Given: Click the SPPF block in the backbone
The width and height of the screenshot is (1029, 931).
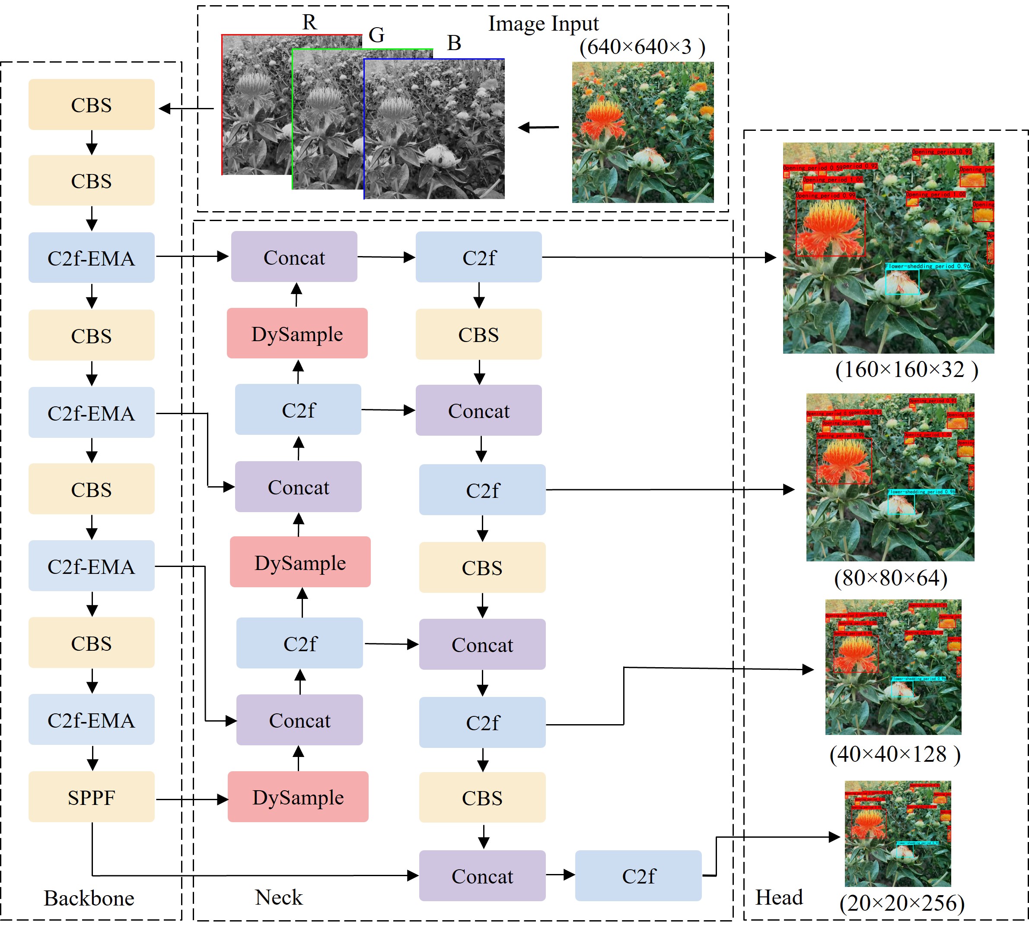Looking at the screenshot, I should coord(91,797).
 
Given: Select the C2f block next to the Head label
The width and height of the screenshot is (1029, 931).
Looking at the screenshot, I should coord(638,876).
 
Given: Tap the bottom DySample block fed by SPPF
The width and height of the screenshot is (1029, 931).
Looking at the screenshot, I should coord(298,797).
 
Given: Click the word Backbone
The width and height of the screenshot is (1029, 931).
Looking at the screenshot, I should coord(89,898).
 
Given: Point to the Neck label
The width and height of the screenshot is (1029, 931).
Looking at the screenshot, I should coord(279,897).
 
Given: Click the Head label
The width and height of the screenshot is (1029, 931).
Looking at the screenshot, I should coord(779,897).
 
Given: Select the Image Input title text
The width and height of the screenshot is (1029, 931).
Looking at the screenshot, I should coord(543,23).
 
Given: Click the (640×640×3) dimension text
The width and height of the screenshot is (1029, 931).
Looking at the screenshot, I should coord(642,47).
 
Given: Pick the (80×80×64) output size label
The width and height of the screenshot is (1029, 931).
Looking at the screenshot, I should coord(891,578).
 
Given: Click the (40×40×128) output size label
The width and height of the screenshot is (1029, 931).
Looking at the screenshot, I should coord(895,754).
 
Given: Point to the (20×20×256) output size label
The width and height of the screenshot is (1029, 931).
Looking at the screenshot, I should coord(902,903).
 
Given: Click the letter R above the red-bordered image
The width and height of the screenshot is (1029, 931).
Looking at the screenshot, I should coord(309,22).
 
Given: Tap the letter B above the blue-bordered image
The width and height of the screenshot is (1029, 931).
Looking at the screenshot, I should coord(454,43).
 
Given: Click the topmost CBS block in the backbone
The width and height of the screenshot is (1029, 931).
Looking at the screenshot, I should coord(91,104).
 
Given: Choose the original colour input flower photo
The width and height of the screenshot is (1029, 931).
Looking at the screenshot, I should coord(643,132).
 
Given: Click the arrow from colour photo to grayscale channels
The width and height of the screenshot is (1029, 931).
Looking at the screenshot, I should coord(538,127).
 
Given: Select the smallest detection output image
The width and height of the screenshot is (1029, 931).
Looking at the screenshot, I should coord(897,833).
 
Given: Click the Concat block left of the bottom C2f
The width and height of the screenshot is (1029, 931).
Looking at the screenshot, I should coord(482,876).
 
